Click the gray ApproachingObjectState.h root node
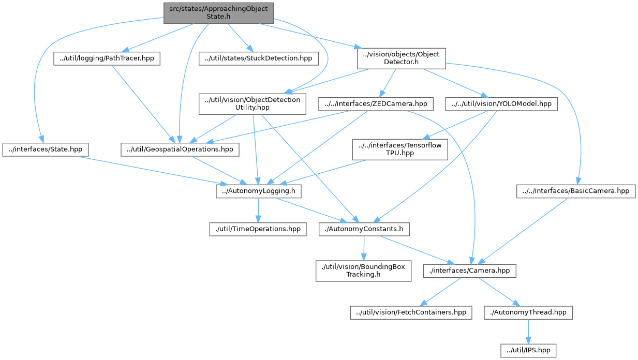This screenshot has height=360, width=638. click(218, 12)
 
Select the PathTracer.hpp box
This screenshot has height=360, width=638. click(106, 58)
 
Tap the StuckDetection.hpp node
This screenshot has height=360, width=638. click(258, 58)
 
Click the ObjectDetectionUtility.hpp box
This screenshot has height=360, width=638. click(253, 103)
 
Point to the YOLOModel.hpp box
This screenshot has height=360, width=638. click(501, 104)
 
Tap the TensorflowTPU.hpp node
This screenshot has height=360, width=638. click(399, 149)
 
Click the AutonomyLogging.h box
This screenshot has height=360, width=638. click(258, 191)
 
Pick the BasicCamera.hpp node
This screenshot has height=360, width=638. click(576, 191)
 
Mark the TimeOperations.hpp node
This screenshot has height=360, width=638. click(258, 229)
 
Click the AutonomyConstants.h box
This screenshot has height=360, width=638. click(364, 229)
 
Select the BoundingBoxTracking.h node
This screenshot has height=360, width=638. click(363, 271)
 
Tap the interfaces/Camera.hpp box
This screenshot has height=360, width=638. click(469, 271)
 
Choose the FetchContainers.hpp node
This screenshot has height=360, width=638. click(411, 312)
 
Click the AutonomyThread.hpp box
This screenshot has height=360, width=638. click(528, 312)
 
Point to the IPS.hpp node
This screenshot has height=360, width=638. click(528, 350)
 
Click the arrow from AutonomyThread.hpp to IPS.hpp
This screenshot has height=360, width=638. click(528, 331)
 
